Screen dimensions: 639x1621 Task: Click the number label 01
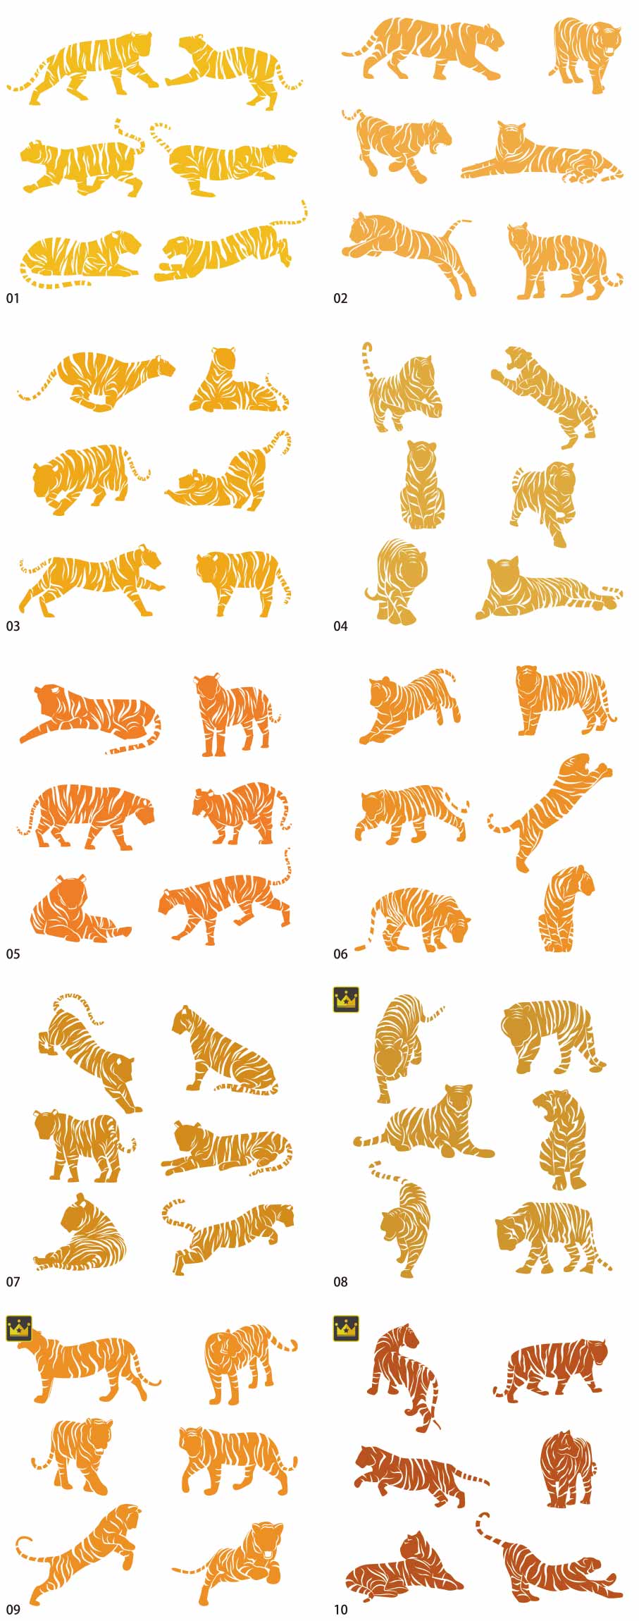point(13,299)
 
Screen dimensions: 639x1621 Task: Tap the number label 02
point(340,299)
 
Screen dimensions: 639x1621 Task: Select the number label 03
point(13,627)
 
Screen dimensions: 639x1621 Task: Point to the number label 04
point(340,627)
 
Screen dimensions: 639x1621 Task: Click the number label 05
point(13,954)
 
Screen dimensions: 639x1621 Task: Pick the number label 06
point(340,954)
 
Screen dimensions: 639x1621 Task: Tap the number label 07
point(13,1282)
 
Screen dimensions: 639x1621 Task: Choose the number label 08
point(340,1282)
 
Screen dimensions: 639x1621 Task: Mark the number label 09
point(13,1610)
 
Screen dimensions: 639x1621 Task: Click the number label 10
point(340,1610)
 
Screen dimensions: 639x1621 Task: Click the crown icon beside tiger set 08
point(346,999)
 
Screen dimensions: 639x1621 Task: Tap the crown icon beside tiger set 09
point(19,1328)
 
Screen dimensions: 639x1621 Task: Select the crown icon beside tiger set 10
point(346,1328)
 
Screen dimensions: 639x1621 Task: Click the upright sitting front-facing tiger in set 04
point(423,486)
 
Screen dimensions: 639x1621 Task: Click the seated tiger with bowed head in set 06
point(566,909)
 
